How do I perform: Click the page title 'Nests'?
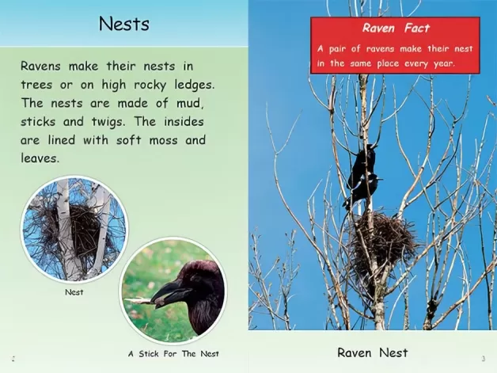[124, 24]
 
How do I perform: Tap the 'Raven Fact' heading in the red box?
[396, 29]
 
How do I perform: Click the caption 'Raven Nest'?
[373, 352]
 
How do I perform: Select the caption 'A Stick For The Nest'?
[173, 354]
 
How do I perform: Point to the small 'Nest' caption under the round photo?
[74, 292]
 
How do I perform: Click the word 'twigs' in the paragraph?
[108, 123]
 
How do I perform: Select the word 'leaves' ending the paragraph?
[40, 158]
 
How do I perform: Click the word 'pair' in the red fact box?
[337, 49]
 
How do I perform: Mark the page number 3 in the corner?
[484, 359]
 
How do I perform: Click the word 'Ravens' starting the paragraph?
[40, 67]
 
